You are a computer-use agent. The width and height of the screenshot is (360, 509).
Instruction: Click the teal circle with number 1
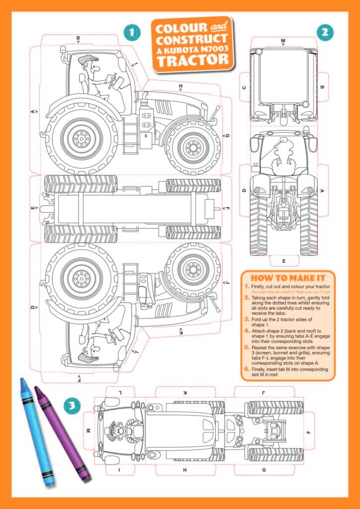132,33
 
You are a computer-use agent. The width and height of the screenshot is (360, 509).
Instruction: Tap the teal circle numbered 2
325,33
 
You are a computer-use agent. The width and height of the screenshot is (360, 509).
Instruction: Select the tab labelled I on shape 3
119,469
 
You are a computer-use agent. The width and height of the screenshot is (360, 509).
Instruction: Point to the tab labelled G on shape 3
264,469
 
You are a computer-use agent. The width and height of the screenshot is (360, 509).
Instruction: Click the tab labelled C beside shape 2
244,87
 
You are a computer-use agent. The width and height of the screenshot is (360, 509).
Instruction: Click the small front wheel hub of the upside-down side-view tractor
192,269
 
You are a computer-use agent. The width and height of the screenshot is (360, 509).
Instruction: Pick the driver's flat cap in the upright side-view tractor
88,60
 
